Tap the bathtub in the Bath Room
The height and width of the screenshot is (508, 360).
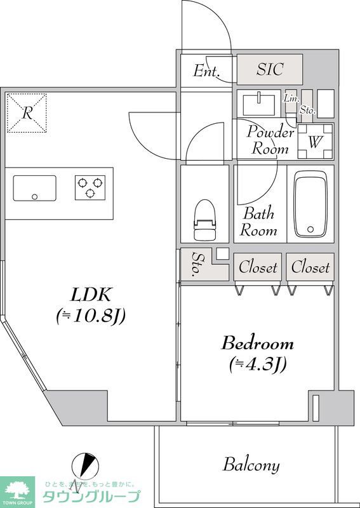(x=310, y=204)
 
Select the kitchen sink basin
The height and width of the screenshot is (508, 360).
(x=34, y=188)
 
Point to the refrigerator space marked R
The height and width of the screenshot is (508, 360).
(x=27, y=113)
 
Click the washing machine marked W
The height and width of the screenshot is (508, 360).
(x=316, y=141)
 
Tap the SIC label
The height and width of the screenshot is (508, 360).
(x=270, y=69)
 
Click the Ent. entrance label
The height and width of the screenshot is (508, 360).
(x=206, y=71)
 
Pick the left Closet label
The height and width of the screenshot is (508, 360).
(x=258, y=267)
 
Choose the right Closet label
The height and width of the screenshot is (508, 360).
(x=310, y=267)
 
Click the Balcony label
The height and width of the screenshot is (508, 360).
(x=251, y=465)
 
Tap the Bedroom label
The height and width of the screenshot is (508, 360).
(x=257, y=344)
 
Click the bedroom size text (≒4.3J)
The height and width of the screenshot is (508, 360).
(x=258, y=364)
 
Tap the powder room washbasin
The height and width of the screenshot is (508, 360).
(x=258, y=104)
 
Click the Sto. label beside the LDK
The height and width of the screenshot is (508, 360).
(x=196, y=264)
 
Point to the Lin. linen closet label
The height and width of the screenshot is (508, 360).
(x=291, y=98)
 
